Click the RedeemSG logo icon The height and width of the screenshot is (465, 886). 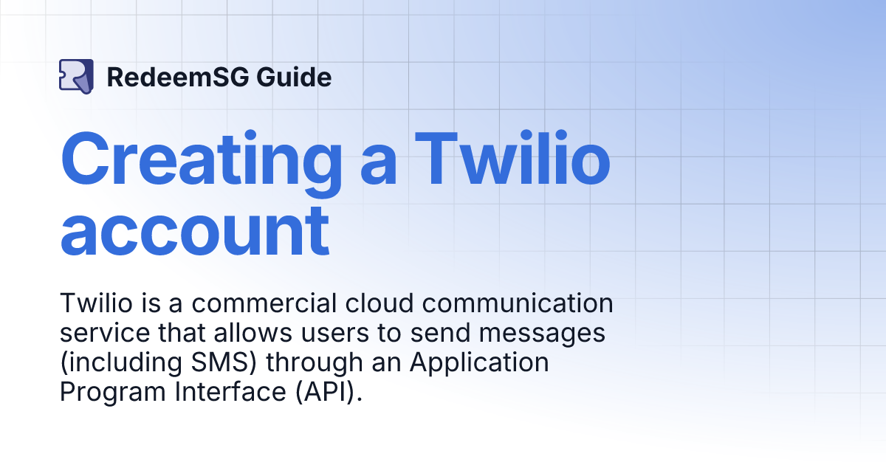(76, 77)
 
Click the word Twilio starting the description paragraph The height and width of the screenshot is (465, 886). (91, 303)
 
